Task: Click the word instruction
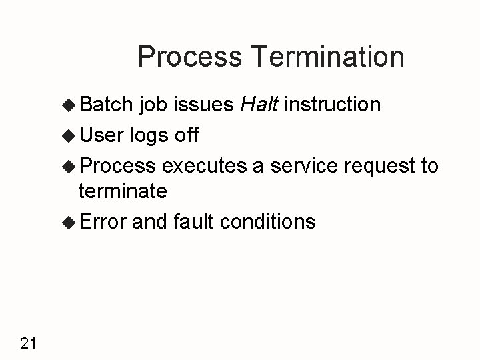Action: tap(337, 105)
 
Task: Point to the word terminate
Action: tap(123, 191)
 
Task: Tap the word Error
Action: tap(103, 221)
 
